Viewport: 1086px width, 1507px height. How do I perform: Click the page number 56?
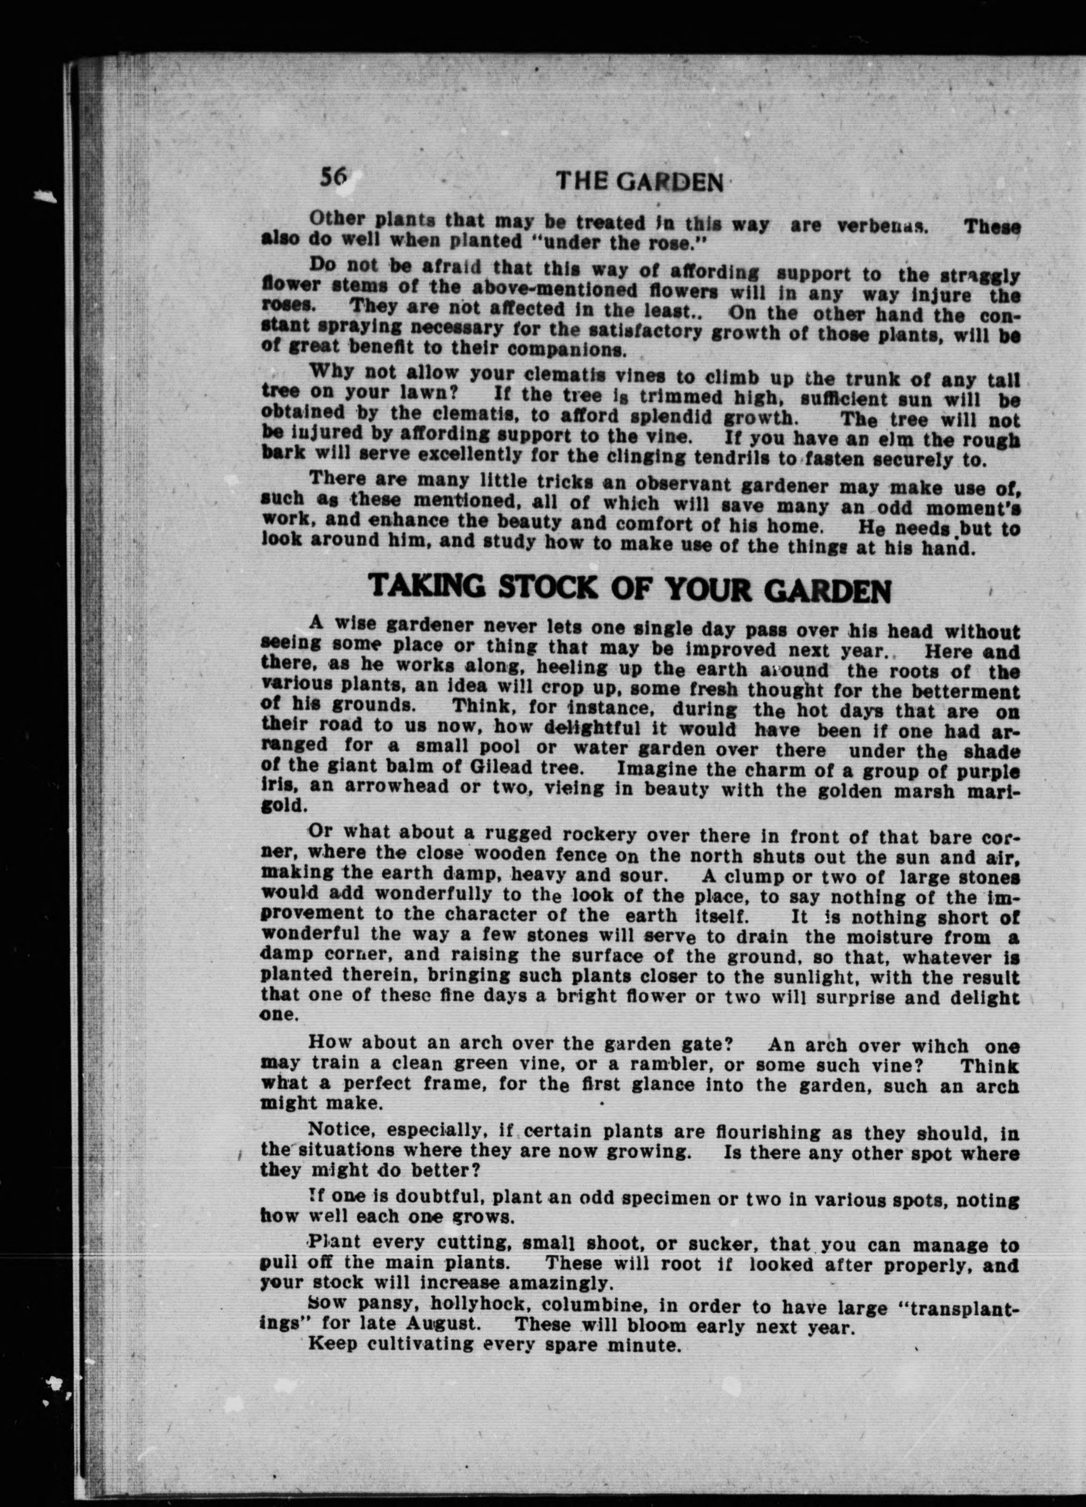[334, 177]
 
